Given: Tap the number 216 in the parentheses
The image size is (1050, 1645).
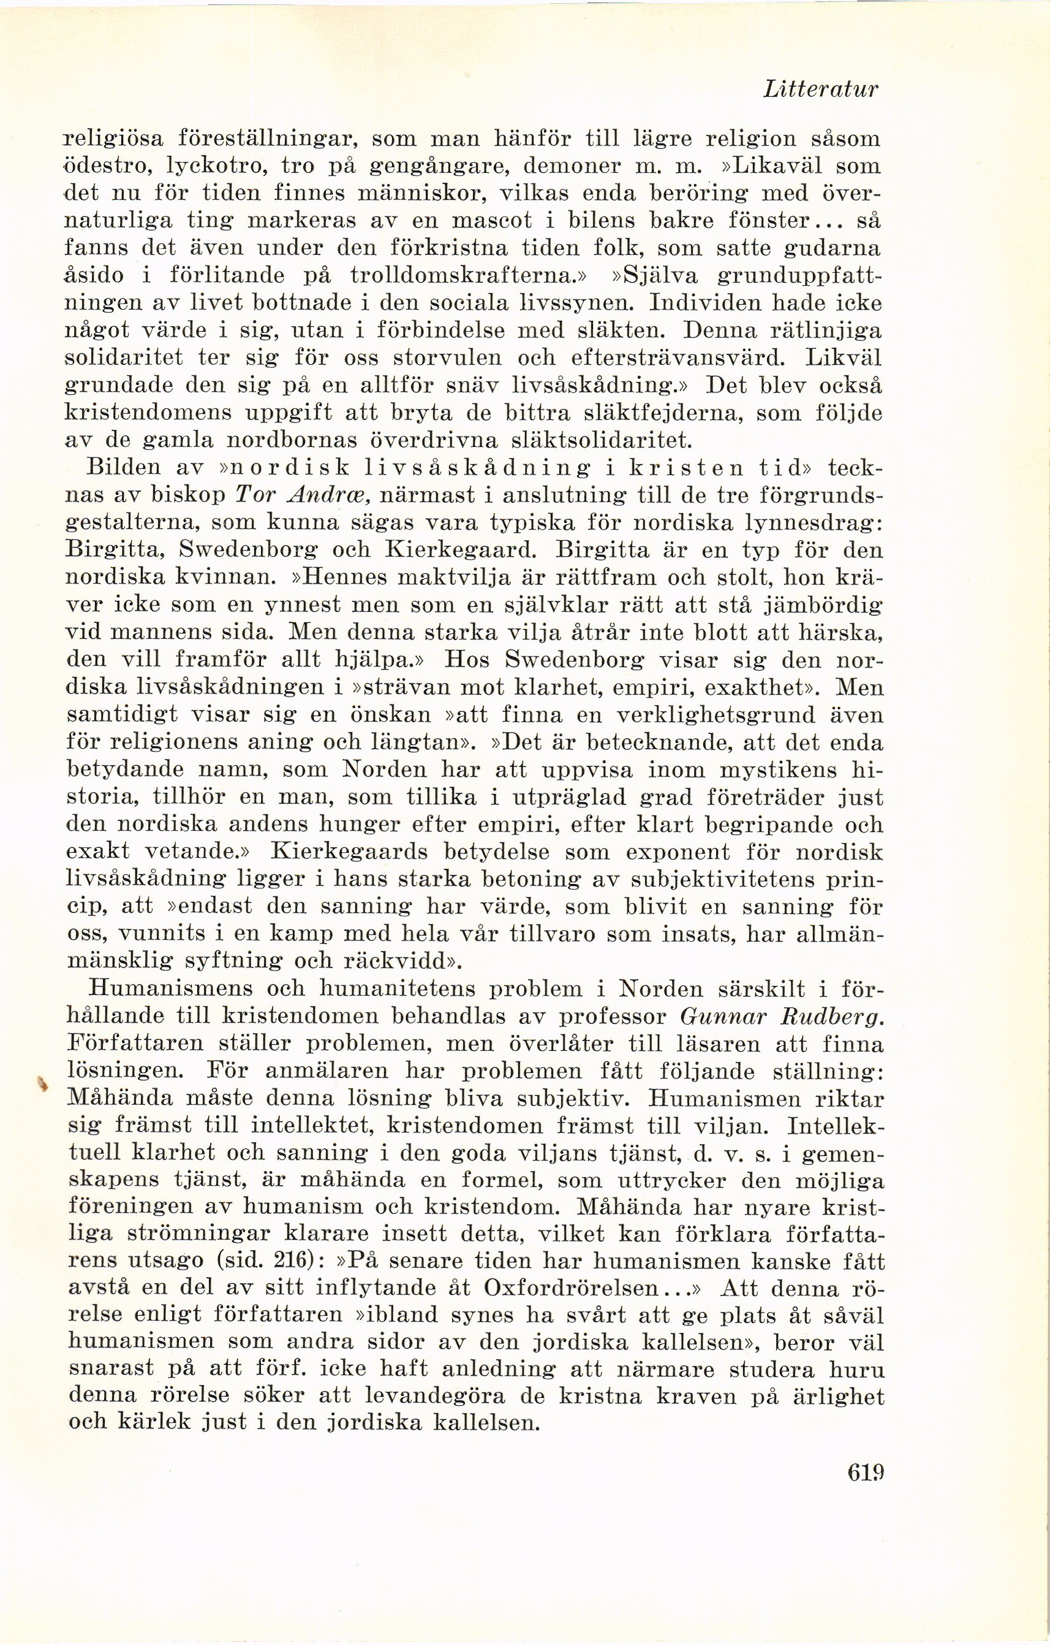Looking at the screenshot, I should [295, 1261].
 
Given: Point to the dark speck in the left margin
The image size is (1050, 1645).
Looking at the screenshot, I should [42, 1082].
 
